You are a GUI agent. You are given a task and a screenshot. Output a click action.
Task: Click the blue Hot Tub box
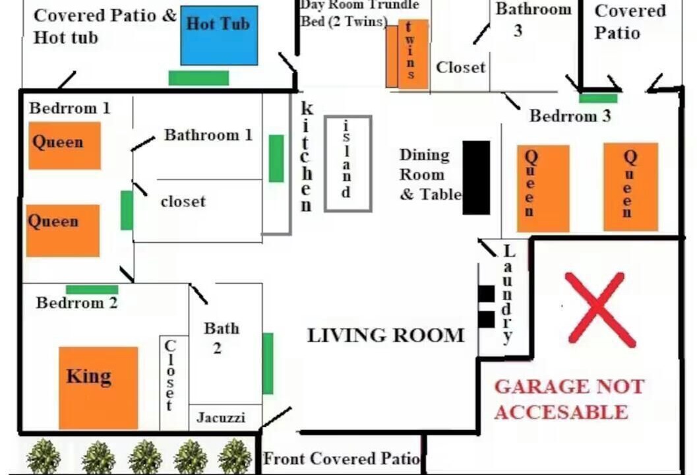219,36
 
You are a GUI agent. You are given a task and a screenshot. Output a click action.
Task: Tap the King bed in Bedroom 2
98,388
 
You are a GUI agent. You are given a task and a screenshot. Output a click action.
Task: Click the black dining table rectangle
477,178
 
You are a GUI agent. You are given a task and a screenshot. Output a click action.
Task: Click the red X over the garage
600,309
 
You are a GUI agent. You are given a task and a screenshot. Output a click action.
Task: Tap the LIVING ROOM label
386,335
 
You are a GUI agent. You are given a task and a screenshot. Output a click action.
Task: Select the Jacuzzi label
221,418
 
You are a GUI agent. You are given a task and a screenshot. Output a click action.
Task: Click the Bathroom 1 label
208,135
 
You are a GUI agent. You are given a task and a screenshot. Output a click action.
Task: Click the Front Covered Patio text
342,459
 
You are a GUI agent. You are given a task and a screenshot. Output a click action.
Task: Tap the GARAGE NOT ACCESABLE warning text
569,399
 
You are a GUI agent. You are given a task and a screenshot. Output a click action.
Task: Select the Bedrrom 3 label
570,116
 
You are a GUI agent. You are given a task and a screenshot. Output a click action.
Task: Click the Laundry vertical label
508,294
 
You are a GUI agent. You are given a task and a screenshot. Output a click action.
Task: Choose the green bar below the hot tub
198,78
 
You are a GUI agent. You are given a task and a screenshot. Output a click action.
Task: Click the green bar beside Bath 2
268,364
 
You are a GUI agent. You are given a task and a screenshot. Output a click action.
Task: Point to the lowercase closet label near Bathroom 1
183,201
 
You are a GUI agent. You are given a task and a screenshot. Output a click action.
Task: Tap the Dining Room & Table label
430,174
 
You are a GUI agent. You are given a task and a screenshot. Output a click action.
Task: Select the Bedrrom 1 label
69,108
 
